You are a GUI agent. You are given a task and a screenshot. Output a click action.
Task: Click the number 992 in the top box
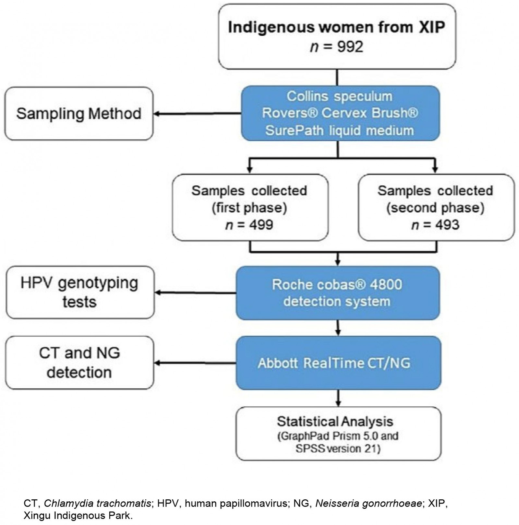tap(350, 47)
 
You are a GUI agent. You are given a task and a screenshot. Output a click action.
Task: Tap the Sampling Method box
tap(78, 113)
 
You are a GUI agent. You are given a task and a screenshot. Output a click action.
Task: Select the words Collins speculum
tap(339, 96)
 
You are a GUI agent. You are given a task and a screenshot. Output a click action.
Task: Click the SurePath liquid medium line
tap(339, 130)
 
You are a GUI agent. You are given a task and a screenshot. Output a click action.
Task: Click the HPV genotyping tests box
tap(80, 292)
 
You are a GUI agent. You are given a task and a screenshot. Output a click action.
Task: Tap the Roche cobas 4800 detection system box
tap(337, 293)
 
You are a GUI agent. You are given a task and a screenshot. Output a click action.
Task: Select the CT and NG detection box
tap(79, 363)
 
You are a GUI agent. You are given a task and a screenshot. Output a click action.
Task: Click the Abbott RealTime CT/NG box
tap(338, 363)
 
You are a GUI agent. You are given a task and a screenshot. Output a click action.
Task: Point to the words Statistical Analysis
tap(335, 422)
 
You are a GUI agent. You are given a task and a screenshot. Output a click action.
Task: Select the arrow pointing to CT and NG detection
tap(195, 363)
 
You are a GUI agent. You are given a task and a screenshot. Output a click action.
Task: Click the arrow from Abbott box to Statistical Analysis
tap(338, 398)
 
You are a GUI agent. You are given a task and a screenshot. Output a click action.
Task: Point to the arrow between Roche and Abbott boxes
tap(338, 328)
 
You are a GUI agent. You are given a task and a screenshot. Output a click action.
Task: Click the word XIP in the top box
tap(431, 27)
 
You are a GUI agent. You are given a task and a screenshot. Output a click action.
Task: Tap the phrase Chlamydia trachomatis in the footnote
tap(97, 503)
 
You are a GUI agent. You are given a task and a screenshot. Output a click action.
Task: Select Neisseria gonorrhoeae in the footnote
tap(369, 503)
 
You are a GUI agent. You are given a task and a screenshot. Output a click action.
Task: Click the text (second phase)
tap(435, 208)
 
